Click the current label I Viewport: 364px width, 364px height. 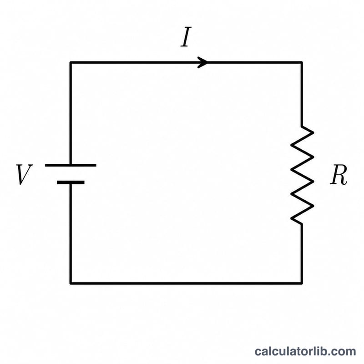pos(186,37)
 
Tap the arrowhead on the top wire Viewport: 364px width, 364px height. pos(202,62)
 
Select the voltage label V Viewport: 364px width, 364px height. pos(24,174)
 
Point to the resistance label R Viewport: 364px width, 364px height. pos(339,175)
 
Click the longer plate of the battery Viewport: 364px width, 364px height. pos(71,165)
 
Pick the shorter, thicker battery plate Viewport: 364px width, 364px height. pos(71,182)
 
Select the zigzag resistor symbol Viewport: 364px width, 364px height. pos(302,175)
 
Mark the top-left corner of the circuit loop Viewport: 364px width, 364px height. pos(71,62)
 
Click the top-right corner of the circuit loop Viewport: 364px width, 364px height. pos(302,62)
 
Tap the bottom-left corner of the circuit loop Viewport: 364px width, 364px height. pos(71,283)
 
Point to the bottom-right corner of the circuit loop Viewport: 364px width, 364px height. pos(302,283)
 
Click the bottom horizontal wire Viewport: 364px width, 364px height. pos(186,283)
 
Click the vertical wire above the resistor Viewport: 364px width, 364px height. pos(302,94)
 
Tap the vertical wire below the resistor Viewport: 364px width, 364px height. pos(302,254)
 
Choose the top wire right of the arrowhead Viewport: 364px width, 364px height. pos(255,62)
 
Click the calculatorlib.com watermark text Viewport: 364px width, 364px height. pos(305,351)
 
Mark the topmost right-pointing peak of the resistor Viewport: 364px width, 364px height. pos(313,132)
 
